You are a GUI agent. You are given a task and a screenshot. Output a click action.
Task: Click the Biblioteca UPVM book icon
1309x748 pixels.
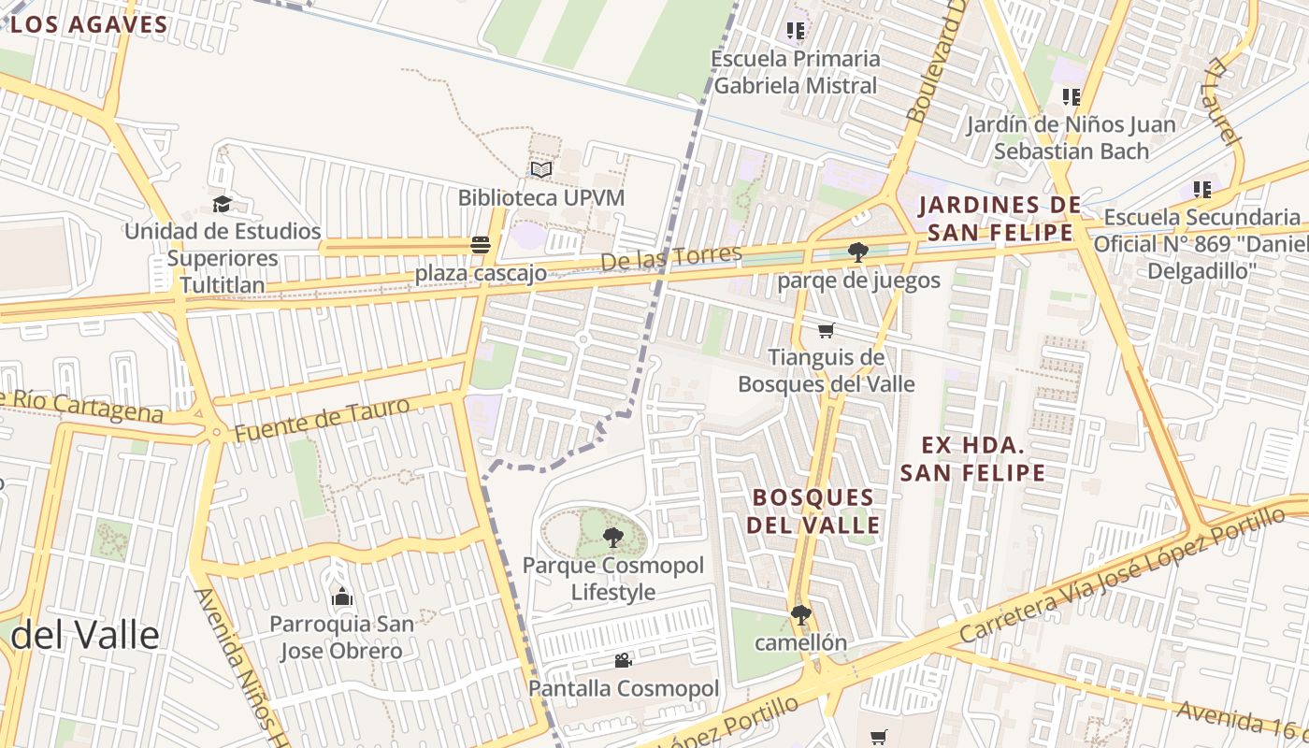pos(541,169)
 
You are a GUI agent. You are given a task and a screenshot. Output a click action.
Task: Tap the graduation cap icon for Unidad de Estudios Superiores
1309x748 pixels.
pos(222,204)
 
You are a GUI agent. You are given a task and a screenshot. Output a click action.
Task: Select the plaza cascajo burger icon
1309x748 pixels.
pos(481,245)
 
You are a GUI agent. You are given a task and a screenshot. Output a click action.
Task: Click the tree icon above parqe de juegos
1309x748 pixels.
pos(857,252)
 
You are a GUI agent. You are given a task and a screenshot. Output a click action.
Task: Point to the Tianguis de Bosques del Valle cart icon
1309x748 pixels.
pos(826,330)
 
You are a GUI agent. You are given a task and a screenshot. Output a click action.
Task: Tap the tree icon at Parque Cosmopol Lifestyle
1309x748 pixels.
pos(613,537)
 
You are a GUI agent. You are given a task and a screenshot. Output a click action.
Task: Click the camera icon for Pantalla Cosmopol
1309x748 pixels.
pos(623,661)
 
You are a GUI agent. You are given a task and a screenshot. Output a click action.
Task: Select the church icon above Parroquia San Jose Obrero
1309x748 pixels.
pos(342,597)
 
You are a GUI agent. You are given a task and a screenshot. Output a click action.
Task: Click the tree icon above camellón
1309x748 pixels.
pos(800,614)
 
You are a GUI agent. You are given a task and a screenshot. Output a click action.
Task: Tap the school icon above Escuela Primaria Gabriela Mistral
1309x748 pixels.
pos(796,31)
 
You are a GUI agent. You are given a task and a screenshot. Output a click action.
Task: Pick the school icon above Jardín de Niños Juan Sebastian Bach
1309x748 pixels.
pos(1072,96)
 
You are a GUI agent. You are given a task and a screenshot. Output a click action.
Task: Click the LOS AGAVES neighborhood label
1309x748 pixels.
pos(89,25)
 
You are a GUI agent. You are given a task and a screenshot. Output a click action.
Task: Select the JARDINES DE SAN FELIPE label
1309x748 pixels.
pos(999,218)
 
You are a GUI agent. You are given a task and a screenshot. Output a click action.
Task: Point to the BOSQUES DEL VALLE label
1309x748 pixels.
pos(813,511)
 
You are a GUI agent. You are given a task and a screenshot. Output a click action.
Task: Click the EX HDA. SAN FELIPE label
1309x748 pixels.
pos(972,458)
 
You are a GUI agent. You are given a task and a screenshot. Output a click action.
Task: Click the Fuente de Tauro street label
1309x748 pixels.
pos(322,420)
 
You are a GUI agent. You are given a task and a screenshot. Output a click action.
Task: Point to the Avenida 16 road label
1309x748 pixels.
pos(1240,719)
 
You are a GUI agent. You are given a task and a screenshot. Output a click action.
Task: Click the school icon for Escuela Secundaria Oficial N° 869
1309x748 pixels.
pos(1202,190)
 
